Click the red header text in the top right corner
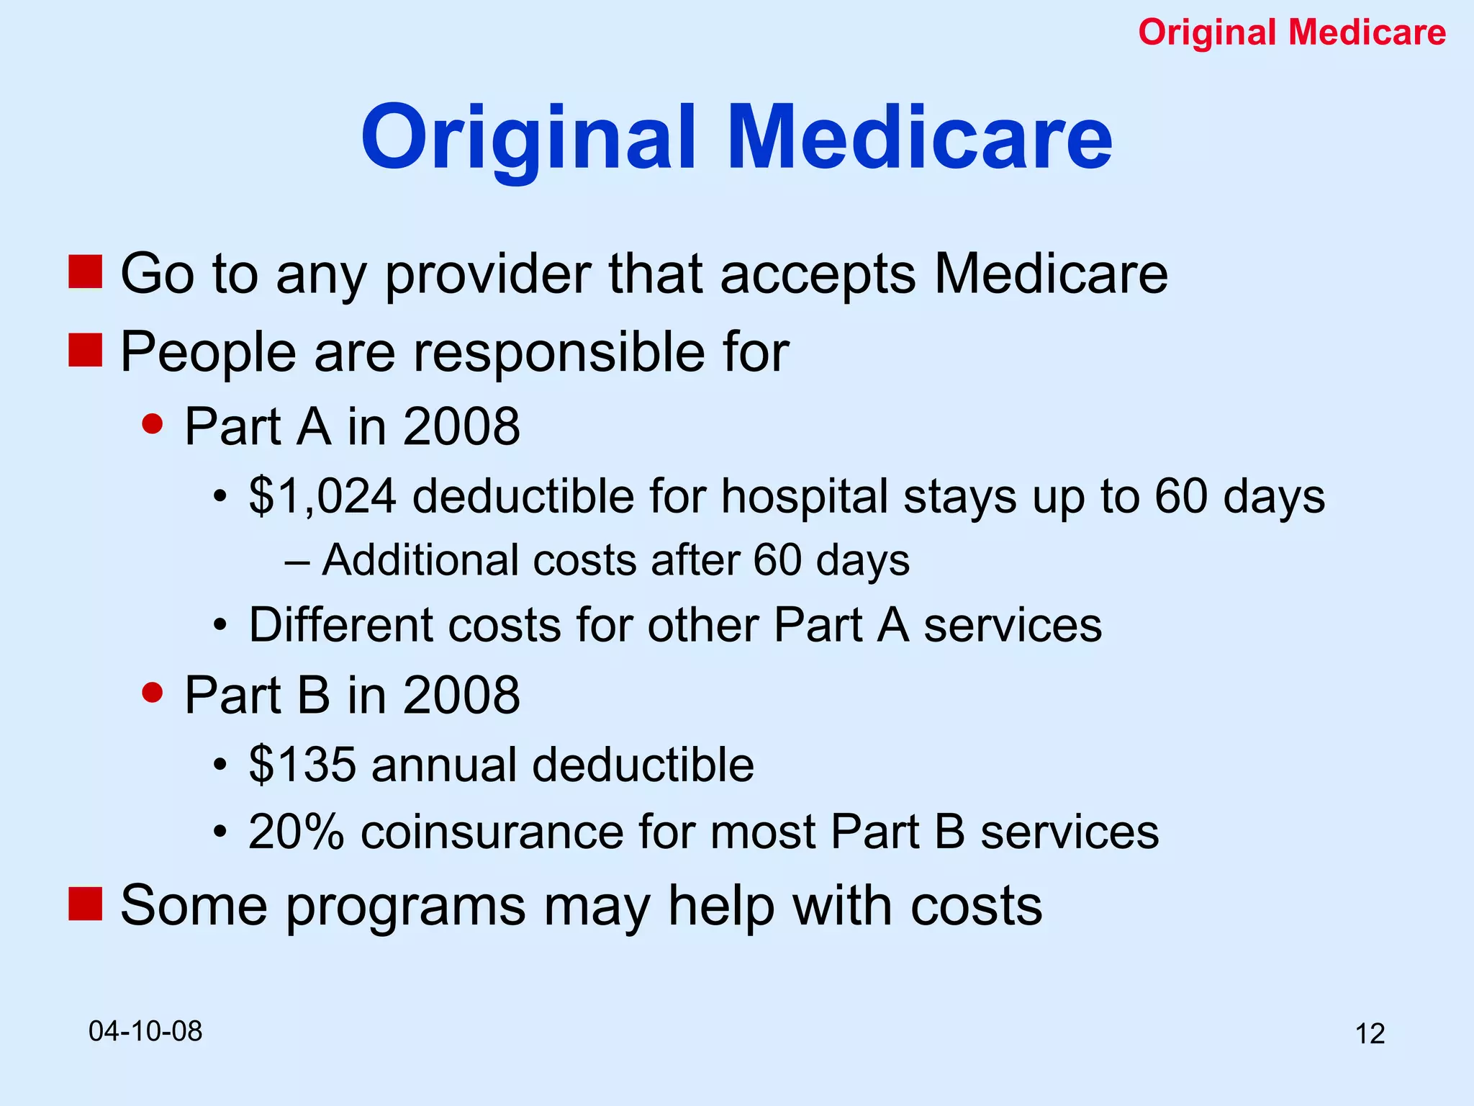(x=1292, y=32)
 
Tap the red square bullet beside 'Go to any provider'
(x=85, y=272)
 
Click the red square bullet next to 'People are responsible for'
(x=85, y=350)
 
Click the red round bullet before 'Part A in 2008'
(x=153, y=423)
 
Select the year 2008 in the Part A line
(x=461, y=426)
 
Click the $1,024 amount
(x=322, y=497)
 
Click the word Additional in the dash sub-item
(x=420, y=559)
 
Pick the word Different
(x=340, y=624)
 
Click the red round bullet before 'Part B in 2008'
(x=153, y=692)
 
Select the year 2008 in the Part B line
(x=461, y=695)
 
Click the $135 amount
(x=302, y=764)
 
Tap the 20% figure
(x=296, y=832)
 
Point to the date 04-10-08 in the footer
(x=145, y=1031)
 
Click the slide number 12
(x=1370, y=1034)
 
